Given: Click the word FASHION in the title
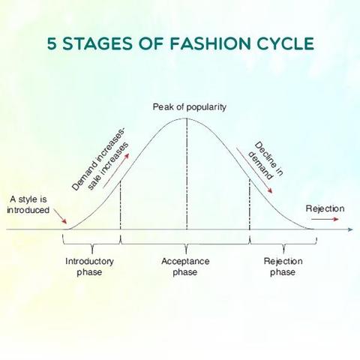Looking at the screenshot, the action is [x=210, y=43].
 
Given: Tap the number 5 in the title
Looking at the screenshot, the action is [x=52, y=43].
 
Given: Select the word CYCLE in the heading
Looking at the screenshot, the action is [x=285, y=43].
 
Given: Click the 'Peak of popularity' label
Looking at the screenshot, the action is [x=190, y=107].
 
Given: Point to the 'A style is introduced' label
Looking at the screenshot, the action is [x=28, y=205].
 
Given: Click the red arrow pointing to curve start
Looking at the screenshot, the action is [x=60, y=216].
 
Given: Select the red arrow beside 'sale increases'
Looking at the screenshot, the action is [x=116, y=170].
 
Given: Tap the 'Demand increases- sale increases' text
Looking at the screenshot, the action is [x=100, y=160].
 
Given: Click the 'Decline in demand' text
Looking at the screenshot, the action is [x=265, y=160].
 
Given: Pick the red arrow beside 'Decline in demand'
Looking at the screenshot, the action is [x=254, y=170].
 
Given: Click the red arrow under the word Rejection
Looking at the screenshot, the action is [x=325, y=219].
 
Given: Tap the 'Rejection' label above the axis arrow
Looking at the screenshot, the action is [x=325, y=208].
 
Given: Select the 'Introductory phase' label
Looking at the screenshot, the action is [x=89, y=266].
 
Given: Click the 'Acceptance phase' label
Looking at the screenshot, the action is [x=185, y=266].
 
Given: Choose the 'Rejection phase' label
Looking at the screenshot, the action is [x=283, y=266].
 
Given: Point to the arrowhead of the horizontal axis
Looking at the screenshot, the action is [x=350, y=229].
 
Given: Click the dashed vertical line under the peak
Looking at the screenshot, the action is [x=187, y=174].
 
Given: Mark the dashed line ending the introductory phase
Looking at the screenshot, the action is [x=121, y=205].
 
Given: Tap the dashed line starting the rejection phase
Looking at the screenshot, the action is [x=250, y=204].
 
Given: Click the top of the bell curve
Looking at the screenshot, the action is [x=187, y=118].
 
